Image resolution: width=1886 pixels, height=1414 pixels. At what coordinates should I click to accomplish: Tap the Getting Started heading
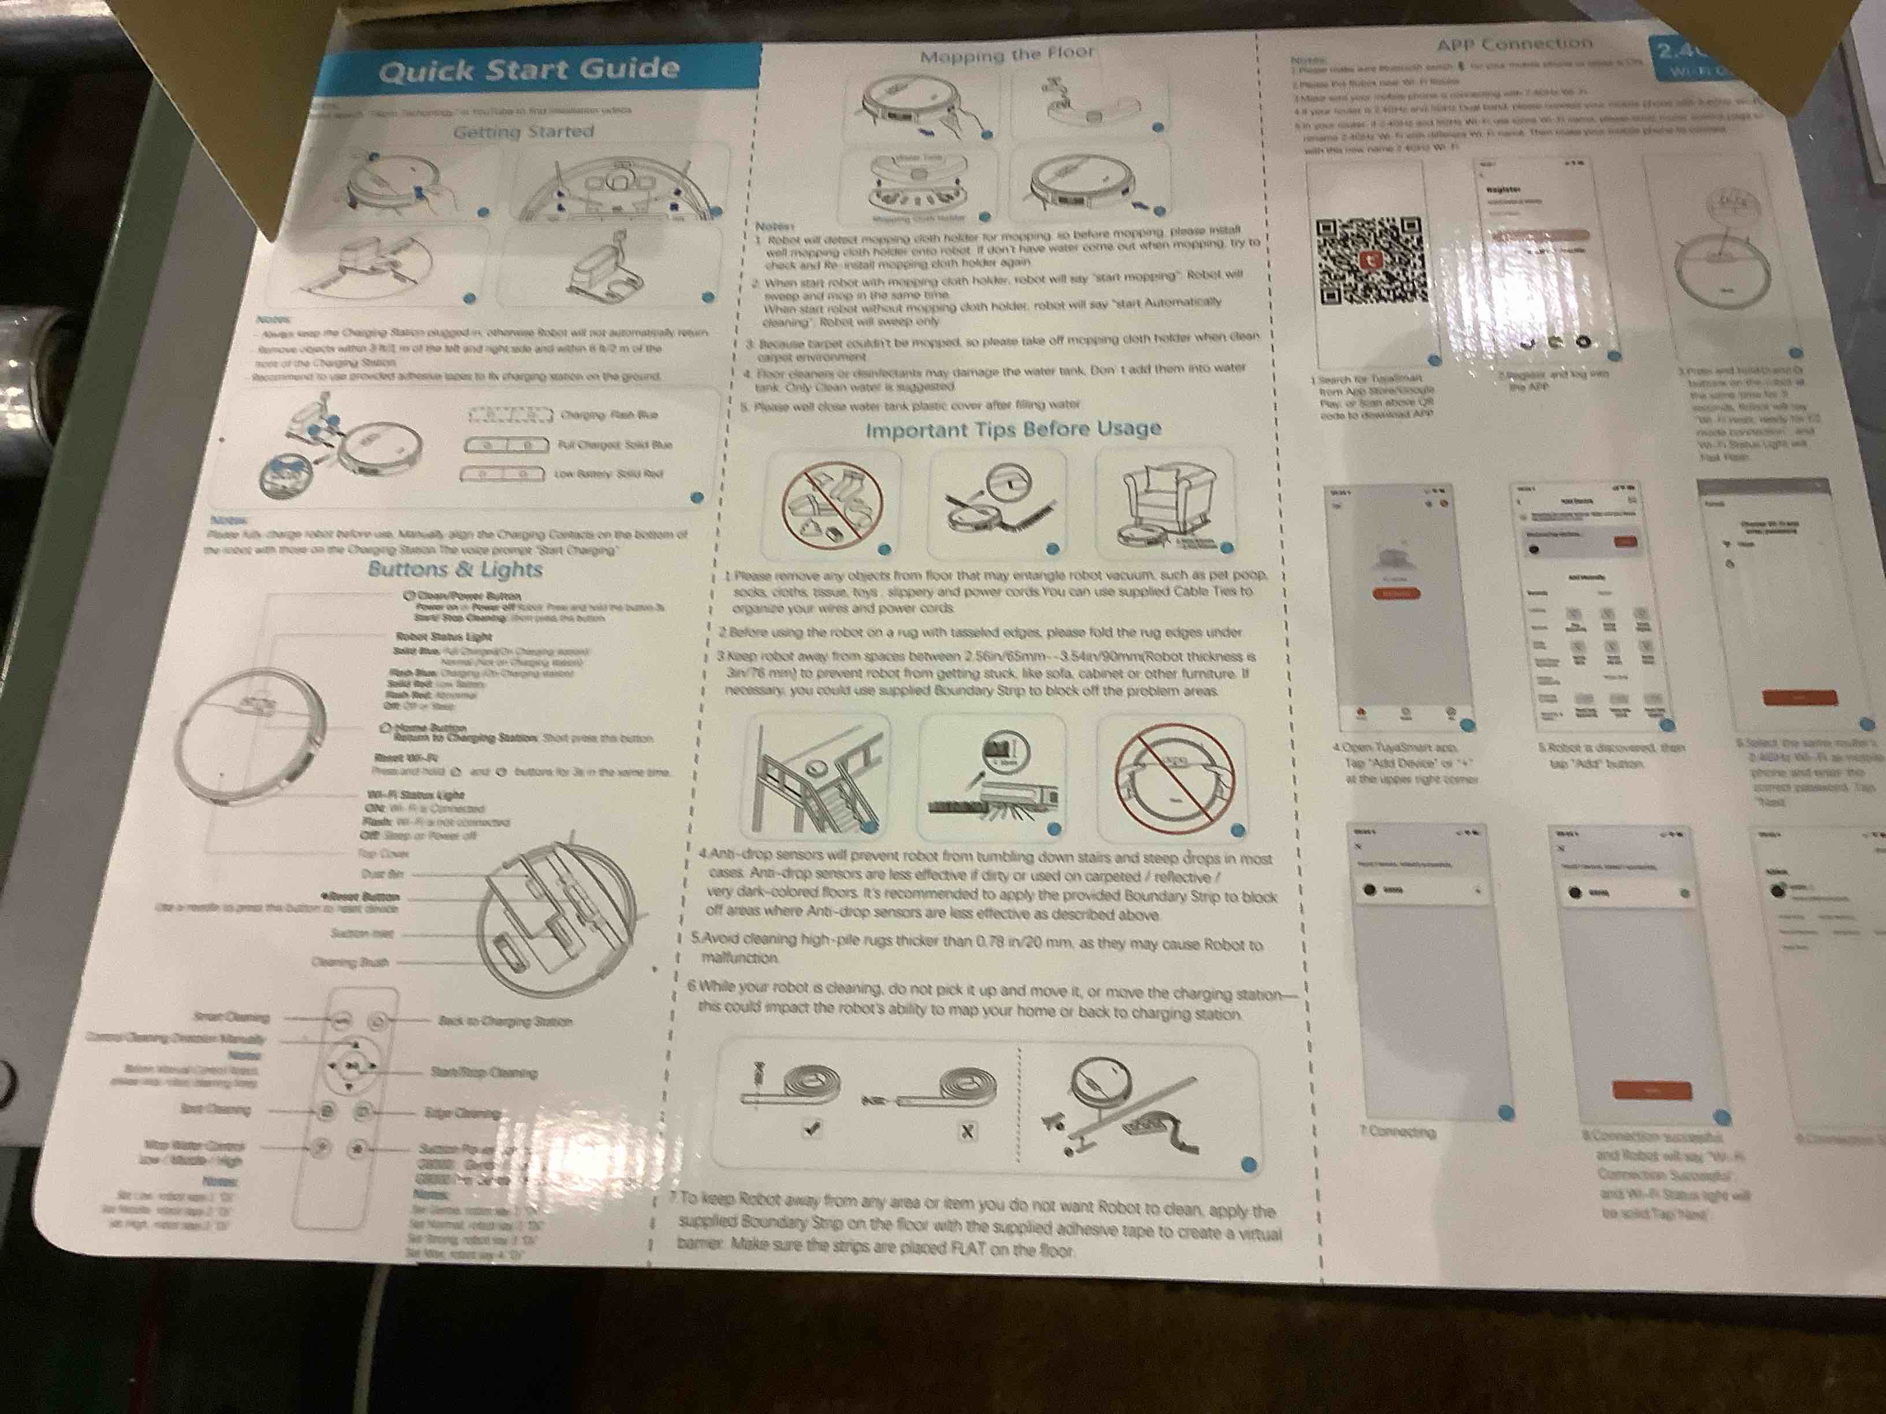(x=524, y=132)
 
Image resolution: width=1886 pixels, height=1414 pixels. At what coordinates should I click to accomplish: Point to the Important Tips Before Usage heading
(x=1013, y=429)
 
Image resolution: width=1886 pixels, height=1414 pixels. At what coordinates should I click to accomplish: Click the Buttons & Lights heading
(x=455, y=570)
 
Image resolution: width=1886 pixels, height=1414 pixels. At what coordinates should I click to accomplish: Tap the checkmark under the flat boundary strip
(x=812, y=1129)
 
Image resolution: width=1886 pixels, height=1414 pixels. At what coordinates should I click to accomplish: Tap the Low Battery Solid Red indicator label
(x=608, y=474)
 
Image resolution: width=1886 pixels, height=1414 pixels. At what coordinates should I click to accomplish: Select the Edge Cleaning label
(x=462, y=1113)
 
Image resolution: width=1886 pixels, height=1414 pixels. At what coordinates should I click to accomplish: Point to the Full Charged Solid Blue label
(x=614, y=445)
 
